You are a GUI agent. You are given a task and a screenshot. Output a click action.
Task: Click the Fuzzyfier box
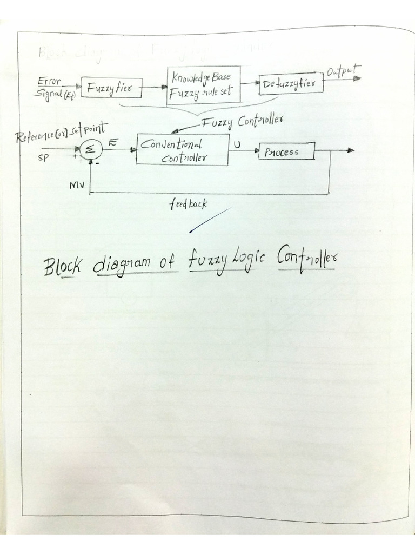111,87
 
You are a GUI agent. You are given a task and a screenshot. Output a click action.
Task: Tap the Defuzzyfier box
291,84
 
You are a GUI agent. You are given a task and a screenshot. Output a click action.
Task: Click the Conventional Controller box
182,150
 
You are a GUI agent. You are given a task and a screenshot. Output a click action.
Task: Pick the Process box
286,152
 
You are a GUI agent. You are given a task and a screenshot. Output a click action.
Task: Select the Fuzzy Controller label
242,122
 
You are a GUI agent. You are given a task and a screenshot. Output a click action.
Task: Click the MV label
76,185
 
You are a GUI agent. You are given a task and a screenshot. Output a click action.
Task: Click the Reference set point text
62,134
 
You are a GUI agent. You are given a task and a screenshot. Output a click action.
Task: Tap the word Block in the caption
64,266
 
